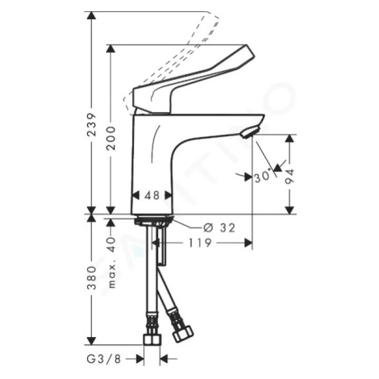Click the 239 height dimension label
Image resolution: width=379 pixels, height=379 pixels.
click(92, 125)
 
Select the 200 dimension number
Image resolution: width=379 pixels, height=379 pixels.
click(110, 138)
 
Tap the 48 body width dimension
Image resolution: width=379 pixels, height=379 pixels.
click(152, 195)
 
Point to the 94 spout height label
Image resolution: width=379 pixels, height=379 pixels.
click(289, 177)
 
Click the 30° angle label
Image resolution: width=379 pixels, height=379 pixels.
click(262, 177)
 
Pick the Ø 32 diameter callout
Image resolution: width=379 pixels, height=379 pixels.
click(219, 227)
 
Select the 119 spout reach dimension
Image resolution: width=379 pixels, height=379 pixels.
click(200, 243)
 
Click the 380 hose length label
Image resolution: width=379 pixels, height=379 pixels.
click(92, 278)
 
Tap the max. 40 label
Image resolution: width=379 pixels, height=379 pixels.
click(111, 263)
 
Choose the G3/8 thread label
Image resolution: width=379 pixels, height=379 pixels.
click(104, 359)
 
